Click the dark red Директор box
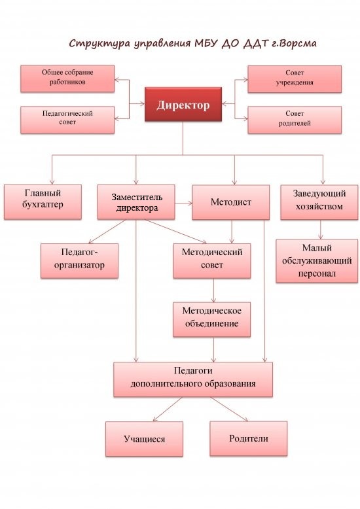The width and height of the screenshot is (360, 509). click(183, 104)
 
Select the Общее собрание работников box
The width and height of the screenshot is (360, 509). click(67, 79)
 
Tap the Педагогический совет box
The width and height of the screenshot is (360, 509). click(67, 120)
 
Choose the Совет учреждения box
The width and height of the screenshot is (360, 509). click(295, 79)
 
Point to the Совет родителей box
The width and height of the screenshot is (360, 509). click(295, 120)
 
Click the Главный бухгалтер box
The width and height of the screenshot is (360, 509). click(43, 202)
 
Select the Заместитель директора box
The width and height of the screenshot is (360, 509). click(136, 202)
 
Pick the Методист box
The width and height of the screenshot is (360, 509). click(230, 202)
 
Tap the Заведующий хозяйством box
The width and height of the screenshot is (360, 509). click(319, 202)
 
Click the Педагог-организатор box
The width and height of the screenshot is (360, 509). click(79, 261)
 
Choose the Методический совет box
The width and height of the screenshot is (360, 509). click(212, 261)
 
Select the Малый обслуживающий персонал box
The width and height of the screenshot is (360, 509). click(317, 261)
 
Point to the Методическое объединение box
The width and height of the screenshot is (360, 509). click(211, 320)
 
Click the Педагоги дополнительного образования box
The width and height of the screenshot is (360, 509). click(193, 379)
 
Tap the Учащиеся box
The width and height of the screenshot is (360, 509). click(144, 439)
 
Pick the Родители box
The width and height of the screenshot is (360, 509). click(249, 438)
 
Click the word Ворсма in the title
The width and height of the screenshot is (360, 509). click(297, 43)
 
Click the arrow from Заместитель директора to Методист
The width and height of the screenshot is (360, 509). click(183, 203)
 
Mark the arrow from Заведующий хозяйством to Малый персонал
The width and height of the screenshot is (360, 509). click(321, 230)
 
